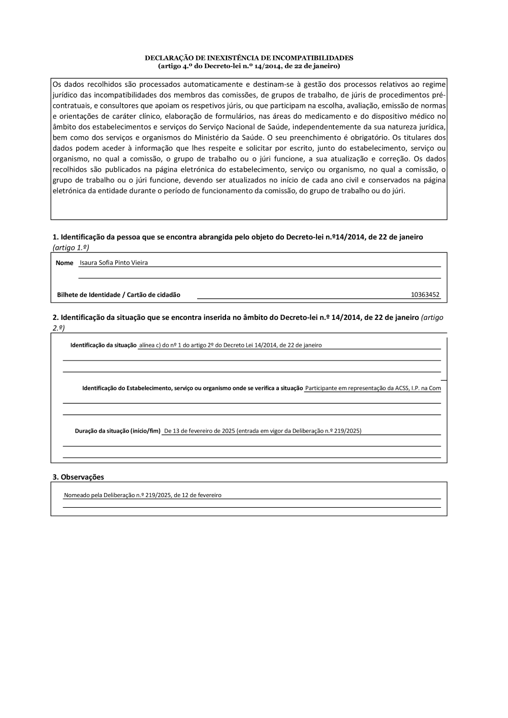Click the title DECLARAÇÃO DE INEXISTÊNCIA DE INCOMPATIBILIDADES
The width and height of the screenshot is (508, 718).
point(249,58)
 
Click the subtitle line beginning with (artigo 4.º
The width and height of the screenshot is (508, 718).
point(249,66)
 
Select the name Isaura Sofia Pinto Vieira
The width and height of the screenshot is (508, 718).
point(114,263)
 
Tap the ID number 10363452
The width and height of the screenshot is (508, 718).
point(425,295)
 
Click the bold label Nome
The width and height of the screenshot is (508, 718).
point(65,263)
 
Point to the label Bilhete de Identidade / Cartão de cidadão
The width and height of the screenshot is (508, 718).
point(118,295)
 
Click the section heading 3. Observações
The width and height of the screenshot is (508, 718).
point(78,477)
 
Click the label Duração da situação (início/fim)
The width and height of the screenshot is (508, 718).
point(117,431)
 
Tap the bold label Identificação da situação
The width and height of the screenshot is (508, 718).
point(103,345)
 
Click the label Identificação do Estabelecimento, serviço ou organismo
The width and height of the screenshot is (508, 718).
point(193,388)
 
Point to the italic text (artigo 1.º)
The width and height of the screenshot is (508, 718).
point(71,247)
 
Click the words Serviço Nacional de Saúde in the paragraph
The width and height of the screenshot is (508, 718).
point(244,127)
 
